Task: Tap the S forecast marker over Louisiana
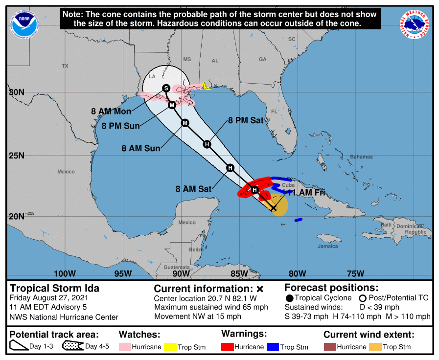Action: pyautogui.click(x=166, y=88)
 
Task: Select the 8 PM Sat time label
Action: pyautogui.click(x=246, y=120)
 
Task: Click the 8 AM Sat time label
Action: pyautogui.click(x=193, y=188)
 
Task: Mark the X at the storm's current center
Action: pyautogui.click(x=274, y=208)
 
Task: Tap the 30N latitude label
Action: pyautogui.click(x=17, y=92)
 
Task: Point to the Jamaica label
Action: pyautogui.click(x=327, y=246)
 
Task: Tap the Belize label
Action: pyautogui.click(x=196, y=249)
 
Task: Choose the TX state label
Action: pyautogui.click(x=65, y=66)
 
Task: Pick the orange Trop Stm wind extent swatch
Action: pyautogui.click(x=375, y=347)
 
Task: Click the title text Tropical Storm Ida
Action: pyautogui.click(x=54, y=288)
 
